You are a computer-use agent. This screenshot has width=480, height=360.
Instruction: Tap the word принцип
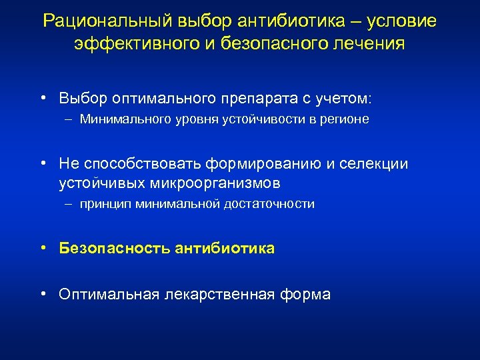(x=105, y=204)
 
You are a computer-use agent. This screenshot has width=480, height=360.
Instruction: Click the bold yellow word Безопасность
(x=114, y=249)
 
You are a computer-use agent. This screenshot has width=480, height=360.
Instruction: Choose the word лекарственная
(x=217, y=294)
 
